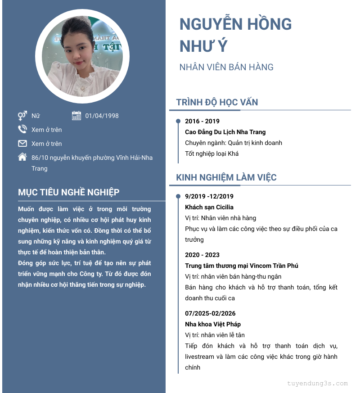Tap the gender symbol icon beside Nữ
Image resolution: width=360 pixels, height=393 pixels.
[x=22, y=116]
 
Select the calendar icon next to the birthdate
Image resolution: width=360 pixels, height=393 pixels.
[x=76, y=116]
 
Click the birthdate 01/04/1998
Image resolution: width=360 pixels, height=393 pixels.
[x=102, y=116]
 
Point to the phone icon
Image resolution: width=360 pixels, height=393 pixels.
[x=22, y=130]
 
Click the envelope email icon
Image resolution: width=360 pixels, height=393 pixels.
[x=22, y=144]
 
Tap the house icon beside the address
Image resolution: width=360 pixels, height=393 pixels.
[x=22, y=157]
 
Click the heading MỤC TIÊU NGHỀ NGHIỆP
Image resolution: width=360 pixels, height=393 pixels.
[x=69, y=192]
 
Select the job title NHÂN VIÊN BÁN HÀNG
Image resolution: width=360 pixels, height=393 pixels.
[x=226, y=67]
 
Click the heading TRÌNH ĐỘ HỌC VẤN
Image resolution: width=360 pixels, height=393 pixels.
[x=217, y=102]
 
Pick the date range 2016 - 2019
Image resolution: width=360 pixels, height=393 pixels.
[x=202, y=121]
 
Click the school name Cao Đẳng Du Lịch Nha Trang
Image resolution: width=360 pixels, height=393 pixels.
[x=225, y=132]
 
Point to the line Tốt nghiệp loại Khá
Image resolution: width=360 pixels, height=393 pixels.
[x=211, y=154]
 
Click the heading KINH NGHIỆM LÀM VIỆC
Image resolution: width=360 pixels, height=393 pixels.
[x=226, y=177]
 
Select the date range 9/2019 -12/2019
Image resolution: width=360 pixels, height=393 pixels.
[x=209, y=196]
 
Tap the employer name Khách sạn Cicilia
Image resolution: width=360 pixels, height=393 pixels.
[x=209, y=207]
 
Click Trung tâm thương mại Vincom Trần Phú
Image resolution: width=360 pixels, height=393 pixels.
[x=242, y=266]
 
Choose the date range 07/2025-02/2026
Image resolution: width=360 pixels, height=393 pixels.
[x=210, y=313]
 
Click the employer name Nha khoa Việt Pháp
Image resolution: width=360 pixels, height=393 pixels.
[x=213, y=324]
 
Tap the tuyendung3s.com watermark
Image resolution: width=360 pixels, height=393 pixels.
[x=318, y=384]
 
